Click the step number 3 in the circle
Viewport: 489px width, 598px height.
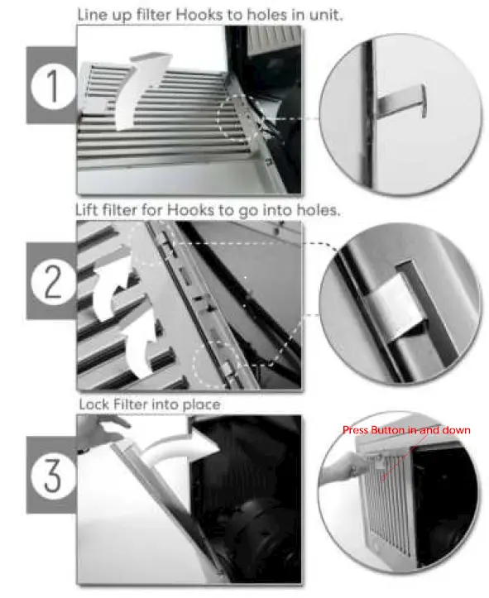click(52, 477)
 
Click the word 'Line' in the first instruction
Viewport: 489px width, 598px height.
click(92, 15)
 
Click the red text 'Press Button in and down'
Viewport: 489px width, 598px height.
click(406, 430)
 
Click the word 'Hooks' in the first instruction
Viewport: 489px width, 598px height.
click(192, 15)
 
